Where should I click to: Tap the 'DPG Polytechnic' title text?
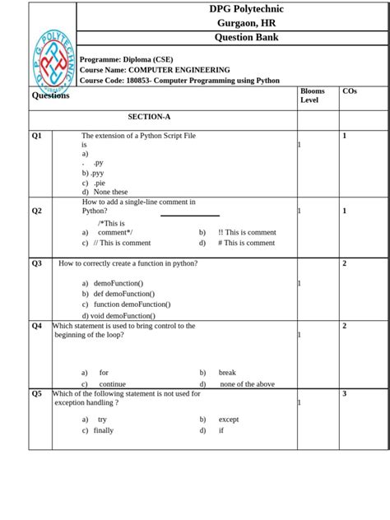246,9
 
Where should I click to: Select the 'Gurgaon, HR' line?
246,23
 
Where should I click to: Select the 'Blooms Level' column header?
313,95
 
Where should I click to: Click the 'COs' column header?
350,91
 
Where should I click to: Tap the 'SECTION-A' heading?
149,118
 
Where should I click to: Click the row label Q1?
37,135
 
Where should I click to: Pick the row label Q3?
37,263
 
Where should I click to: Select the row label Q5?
37,393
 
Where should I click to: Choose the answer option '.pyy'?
95,174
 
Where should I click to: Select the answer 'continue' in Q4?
112,383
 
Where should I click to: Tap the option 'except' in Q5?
229,419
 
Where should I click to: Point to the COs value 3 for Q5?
344,393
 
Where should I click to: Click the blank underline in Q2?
189,216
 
